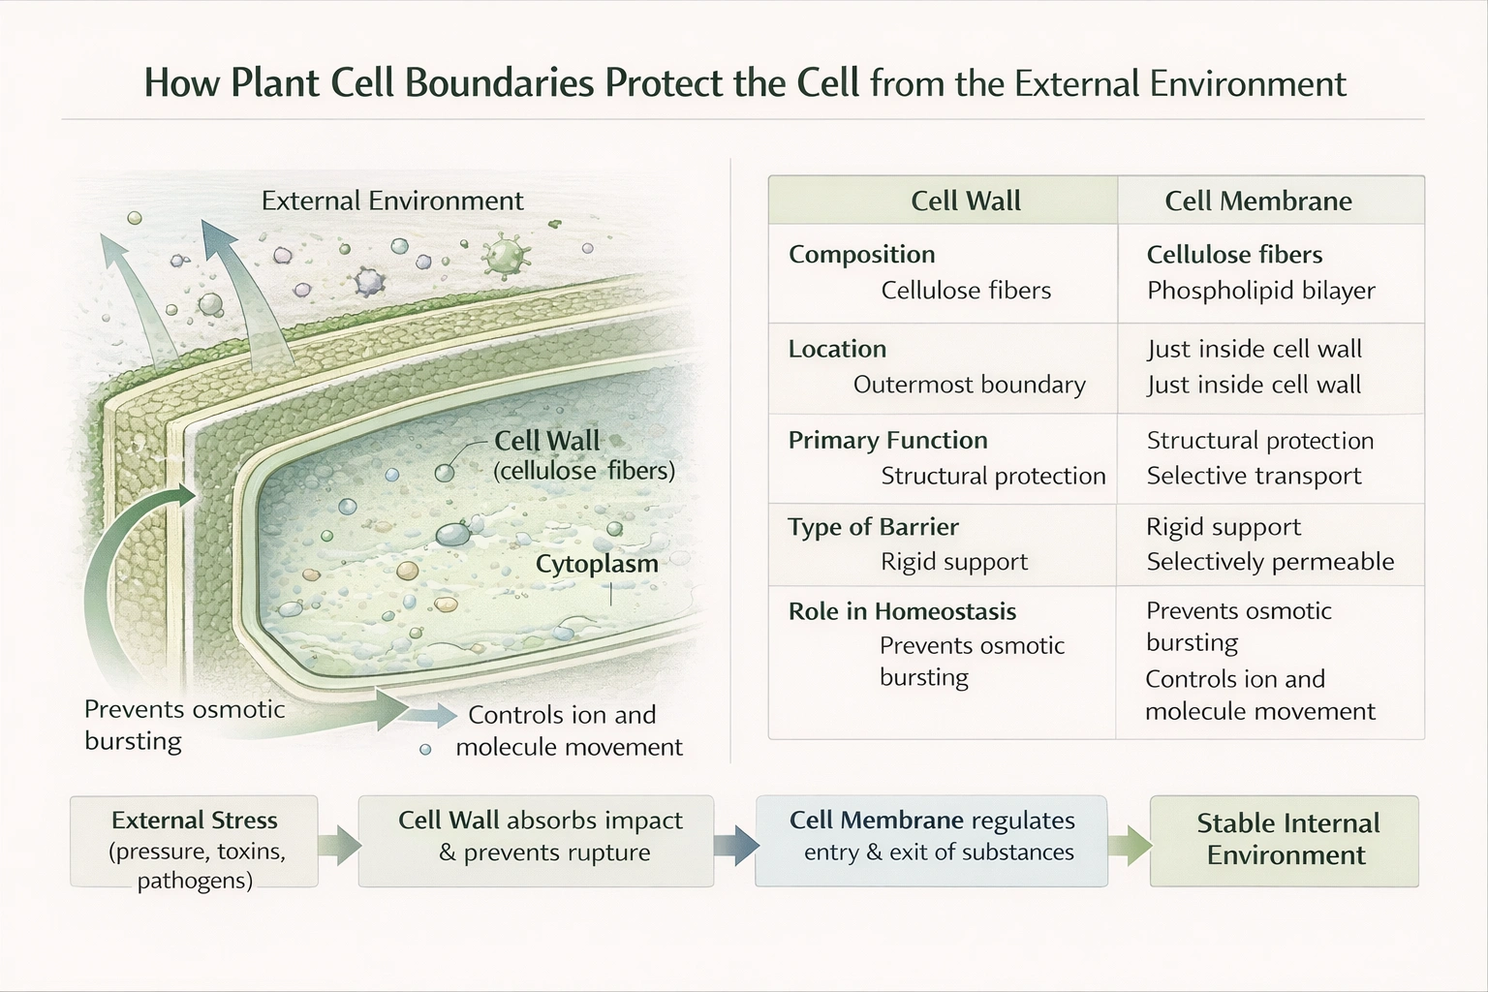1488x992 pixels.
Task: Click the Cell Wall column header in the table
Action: point(965,201)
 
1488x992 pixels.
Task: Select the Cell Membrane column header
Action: point(1257,201)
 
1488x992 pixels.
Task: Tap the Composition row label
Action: point(861,254)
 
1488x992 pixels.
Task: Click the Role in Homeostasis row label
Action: point(902,611)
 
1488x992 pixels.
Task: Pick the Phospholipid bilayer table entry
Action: point(1260,291)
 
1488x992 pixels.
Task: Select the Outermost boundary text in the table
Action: point(969,385)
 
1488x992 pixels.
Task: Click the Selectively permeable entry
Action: point(1269,562)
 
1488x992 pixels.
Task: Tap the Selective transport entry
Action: point(1254,476)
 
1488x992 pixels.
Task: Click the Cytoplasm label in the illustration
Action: point(597,564)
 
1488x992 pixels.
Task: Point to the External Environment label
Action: point(392,201)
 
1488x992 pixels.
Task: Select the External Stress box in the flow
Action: point(194,842)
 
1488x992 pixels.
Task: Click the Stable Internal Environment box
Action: point(1284,840)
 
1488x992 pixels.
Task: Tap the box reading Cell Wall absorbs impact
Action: point(536,840)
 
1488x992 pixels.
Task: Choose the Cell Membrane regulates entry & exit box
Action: point(931,840)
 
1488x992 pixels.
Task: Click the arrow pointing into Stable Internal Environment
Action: point(1129,844)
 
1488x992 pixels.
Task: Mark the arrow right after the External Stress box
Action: point(338,844)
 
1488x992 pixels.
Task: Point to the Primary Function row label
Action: point(887,440)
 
